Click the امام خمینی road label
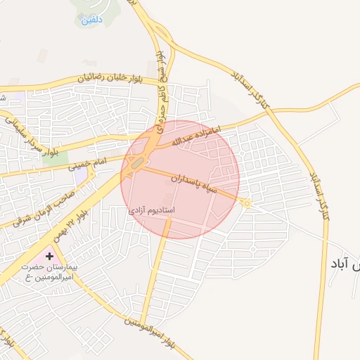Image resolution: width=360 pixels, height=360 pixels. [x=87, y=165]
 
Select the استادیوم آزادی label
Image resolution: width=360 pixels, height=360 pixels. [x=152, y=210]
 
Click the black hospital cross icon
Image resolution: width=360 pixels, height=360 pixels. [x=49, y=257]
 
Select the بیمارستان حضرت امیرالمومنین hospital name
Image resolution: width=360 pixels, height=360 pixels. [x=49, y=273]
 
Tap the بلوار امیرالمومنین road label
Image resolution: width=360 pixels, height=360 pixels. [x=150, y=332]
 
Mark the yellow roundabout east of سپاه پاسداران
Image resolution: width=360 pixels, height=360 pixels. [x=245, y=202]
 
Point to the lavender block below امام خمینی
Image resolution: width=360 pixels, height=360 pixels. [x=81, y=172]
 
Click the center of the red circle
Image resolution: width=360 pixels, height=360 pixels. [x=180, y=179]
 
